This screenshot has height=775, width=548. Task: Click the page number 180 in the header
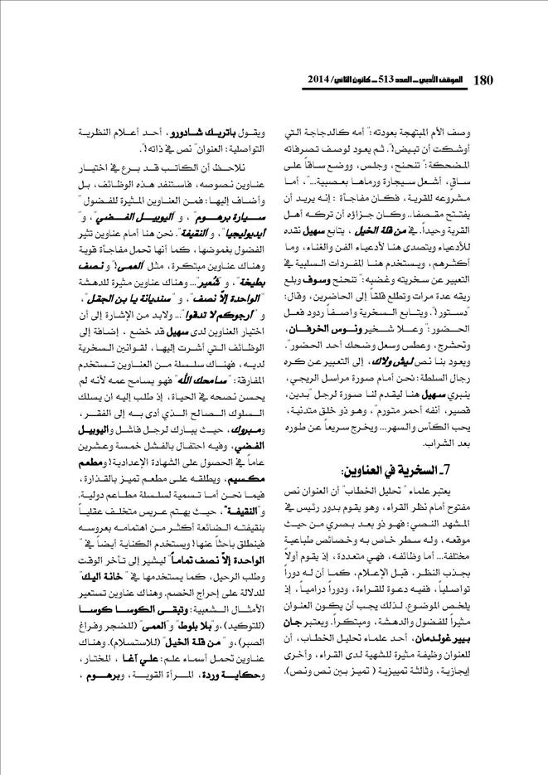click(483, 80)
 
